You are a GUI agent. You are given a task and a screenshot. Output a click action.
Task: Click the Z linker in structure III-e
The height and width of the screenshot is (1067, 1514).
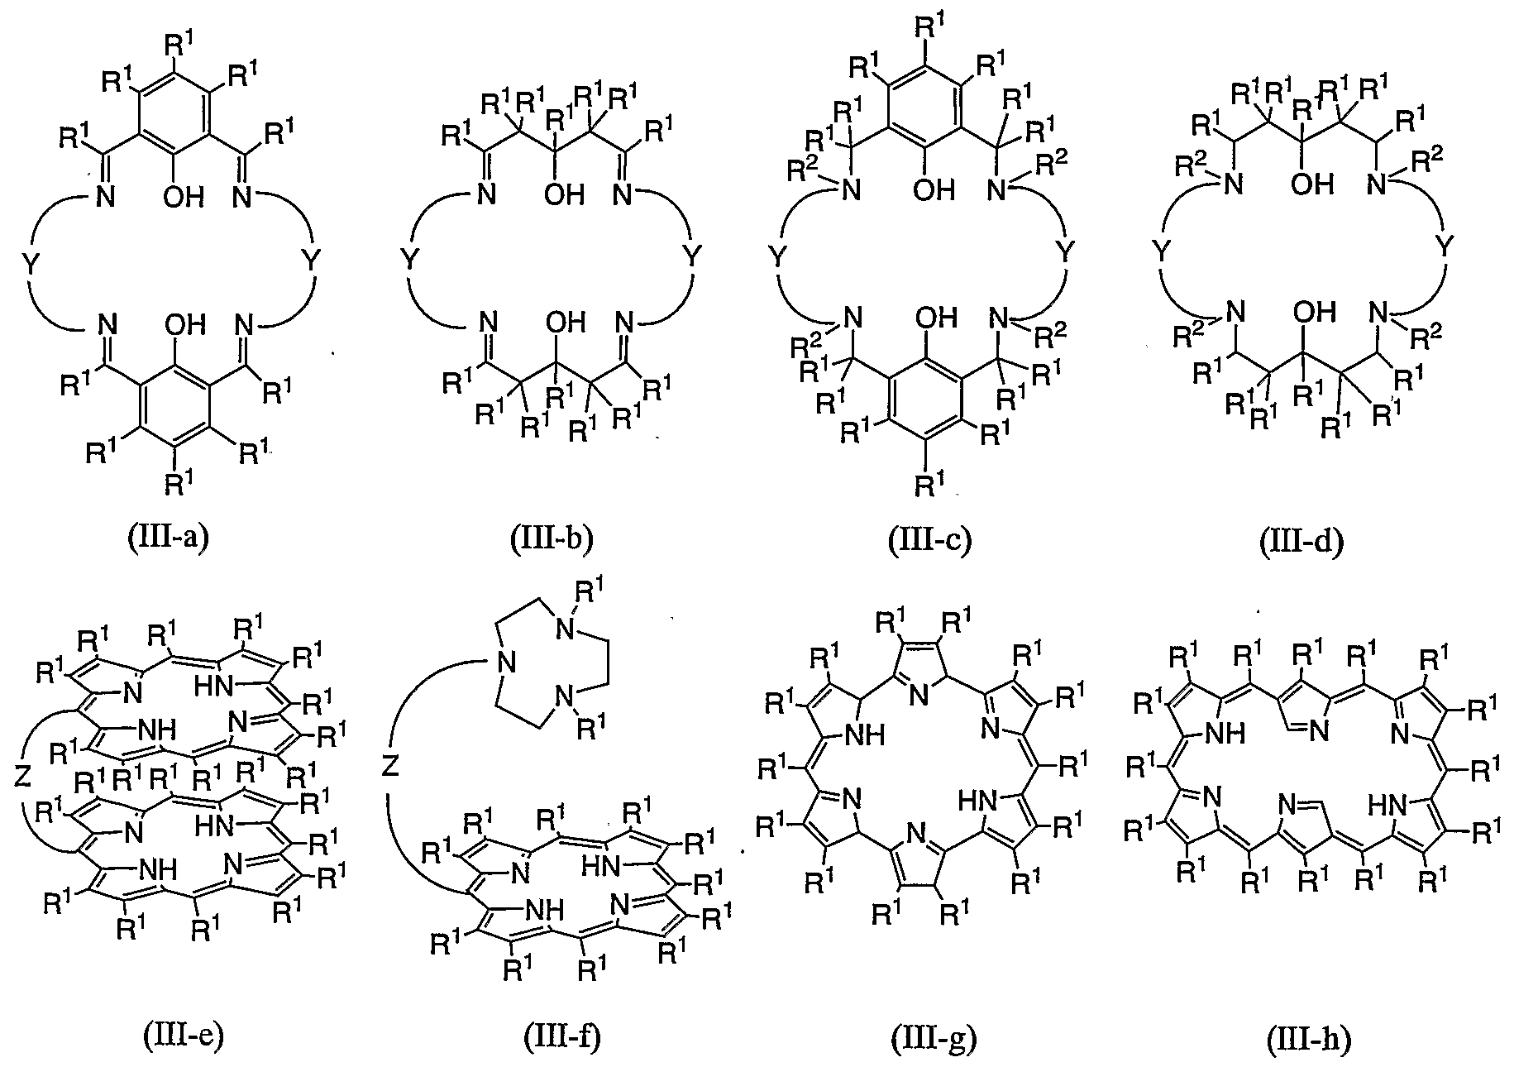tap(23, 777)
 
